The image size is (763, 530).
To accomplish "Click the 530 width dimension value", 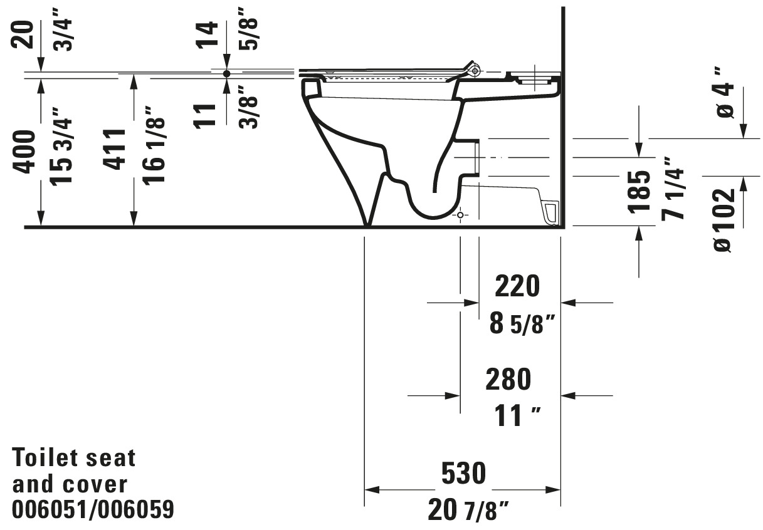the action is point(463,473).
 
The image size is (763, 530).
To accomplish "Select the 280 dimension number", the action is point(508,379).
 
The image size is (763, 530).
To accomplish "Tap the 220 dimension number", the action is point(517,286).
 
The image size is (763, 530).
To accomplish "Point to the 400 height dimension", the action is point(24,152).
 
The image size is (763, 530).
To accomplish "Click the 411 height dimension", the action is point(115,149).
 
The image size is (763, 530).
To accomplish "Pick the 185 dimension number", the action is point(639,192).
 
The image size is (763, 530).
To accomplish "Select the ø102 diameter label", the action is point(724,221).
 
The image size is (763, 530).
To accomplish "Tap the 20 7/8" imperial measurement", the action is point(468,509).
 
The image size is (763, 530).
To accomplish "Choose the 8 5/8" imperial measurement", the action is point(522,324).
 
